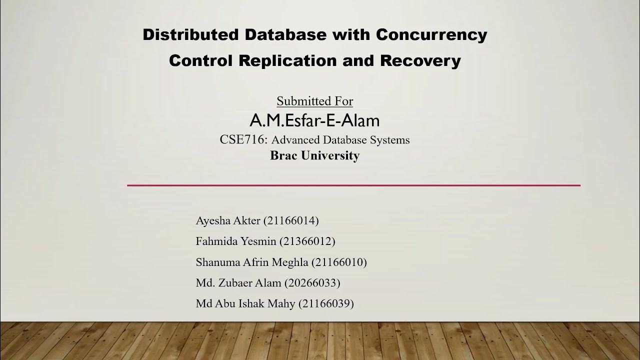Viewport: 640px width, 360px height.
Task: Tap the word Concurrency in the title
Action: (x=431, y=35)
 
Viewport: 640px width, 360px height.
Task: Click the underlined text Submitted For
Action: (x=315, y=101)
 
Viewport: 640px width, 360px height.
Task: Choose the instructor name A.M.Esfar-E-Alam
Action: (x=314, y=120)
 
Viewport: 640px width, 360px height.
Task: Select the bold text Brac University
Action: (x=315, y=155)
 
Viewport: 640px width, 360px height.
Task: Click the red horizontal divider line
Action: (x=353, y=185)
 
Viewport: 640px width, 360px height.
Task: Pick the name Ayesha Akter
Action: (x=228, y=220)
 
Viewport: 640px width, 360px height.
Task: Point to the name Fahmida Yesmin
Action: (x=236, y=241)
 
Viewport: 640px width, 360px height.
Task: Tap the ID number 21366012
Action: (x=307, y=241)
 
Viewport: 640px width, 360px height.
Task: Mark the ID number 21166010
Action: (x=339, y=262)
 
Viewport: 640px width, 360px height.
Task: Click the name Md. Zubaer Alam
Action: (x=238, y=283)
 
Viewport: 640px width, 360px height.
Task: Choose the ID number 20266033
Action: (x=312, y=283)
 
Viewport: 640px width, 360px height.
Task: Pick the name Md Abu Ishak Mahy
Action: (x=245, y=303)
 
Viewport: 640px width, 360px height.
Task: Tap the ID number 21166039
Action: (x=326, y=303)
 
